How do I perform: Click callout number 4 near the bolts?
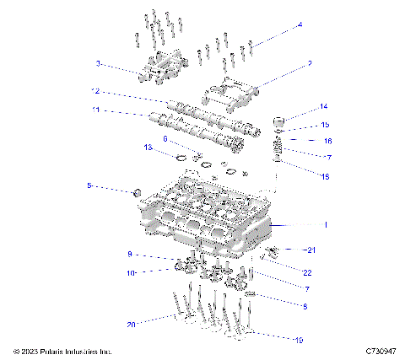click(x=300, y=25)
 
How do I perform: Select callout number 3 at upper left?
click(x=98, y=63)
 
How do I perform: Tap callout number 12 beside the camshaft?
click(x=96, y=91)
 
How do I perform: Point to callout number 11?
click(x=96, y=110)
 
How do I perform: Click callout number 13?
click(x=147, y=148)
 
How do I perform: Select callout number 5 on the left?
click(x=89, y=185)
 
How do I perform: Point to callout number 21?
click(x=310, y=250)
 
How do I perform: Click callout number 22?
click(x=307, y=272)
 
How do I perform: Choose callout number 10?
click(x=131, y=272)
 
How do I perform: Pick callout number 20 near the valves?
click(x=130, y=324)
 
